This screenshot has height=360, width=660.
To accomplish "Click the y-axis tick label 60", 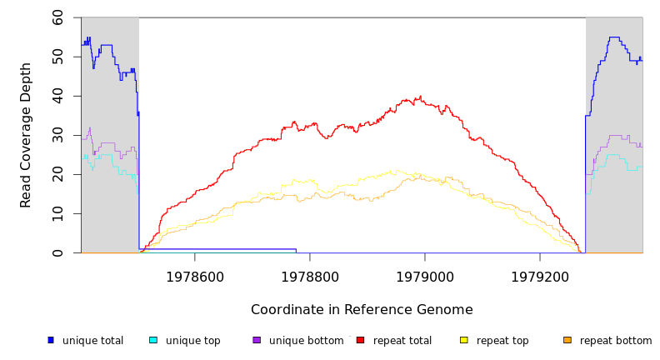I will (x=57, y=17).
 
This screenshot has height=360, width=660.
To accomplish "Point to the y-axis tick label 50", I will (x=57, y=57).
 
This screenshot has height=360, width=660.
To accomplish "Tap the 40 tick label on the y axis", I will (x=57, y=96).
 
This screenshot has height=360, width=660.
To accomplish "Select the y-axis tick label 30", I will (x=57, y=135).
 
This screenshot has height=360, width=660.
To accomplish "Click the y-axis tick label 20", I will (x=57, y=174).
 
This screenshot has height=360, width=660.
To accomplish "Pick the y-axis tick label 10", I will (x=57, y=213).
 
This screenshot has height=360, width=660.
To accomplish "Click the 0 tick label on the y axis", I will (x=57, y=252).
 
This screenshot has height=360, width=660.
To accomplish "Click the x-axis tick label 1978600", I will (x=195, y=277).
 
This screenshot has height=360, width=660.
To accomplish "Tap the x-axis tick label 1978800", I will (x=310, y=277).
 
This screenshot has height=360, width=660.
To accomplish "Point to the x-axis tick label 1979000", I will (x=425, y=277).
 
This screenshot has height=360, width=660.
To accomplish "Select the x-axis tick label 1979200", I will (x=540, y=277).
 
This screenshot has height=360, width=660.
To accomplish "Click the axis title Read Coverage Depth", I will (x=26, y=135).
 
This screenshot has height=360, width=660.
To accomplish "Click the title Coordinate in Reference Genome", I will (x=362, y=310).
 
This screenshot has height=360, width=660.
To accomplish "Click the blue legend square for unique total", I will (x=51, y=340).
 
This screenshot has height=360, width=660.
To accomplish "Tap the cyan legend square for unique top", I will (x=153, y=340).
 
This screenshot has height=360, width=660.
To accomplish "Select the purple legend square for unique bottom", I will (x=257, y=340).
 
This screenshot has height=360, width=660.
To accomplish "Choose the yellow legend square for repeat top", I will (x=464, y=340).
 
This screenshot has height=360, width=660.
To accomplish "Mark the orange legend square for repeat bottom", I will (x=567, y=340).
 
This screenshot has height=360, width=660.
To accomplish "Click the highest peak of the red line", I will (x=420, y=97).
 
